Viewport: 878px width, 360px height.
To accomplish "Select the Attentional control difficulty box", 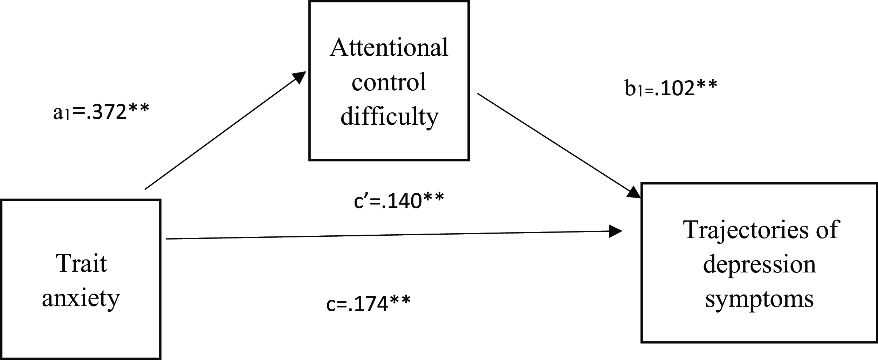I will pos(389,81).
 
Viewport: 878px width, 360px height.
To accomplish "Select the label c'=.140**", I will pos(399,201).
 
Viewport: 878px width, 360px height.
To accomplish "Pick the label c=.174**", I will pos(368,303).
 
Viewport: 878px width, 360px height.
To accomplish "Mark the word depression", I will pos(760,265).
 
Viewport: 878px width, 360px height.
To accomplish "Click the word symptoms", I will pos(760,300).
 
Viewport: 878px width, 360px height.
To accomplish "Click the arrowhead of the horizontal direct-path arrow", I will pos(615,231).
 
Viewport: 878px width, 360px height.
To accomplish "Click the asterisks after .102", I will pos(706,85).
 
